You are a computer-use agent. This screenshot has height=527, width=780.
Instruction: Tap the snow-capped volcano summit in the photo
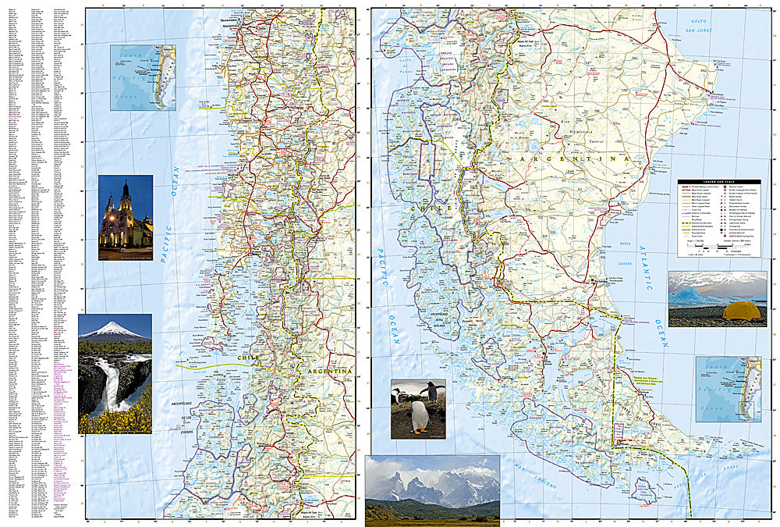click(115, 325)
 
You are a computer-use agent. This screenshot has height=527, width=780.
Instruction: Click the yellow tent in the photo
click(741, 311)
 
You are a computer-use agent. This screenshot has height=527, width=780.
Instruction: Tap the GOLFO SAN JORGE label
click(704, 25)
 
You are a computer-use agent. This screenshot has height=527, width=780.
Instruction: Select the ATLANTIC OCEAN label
click(654, 269)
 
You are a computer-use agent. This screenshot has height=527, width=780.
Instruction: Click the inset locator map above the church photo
click(143, 77)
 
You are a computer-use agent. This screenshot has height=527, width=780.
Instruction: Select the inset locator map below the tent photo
click(728, 389)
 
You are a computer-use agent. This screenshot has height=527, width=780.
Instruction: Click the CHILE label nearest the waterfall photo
click(247, 358)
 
